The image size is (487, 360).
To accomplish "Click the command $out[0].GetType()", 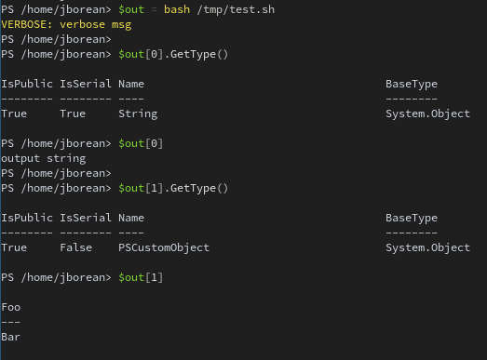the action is [x=173, y=55].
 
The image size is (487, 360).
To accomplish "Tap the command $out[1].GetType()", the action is [x=173, y=189].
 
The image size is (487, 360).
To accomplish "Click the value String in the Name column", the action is [x=138, y=114].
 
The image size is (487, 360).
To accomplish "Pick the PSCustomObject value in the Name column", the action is [x=164, y=248].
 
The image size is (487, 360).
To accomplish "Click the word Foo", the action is [x=11, y=307].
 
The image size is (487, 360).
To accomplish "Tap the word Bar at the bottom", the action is [x=11, y=337].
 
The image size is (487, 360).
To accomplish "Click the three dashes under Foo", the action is [x=11, y=322].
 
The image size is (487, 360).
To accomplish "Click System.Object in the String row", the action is [x=427, y=114].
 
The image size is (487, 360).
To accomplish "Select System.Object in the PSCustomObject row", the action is [x=427, y=248].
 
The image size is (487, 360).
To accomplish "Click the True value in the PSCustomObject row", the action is [x=14, y=248].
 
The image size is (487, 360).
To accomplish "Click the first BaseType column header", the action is [x=411, y=85].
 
